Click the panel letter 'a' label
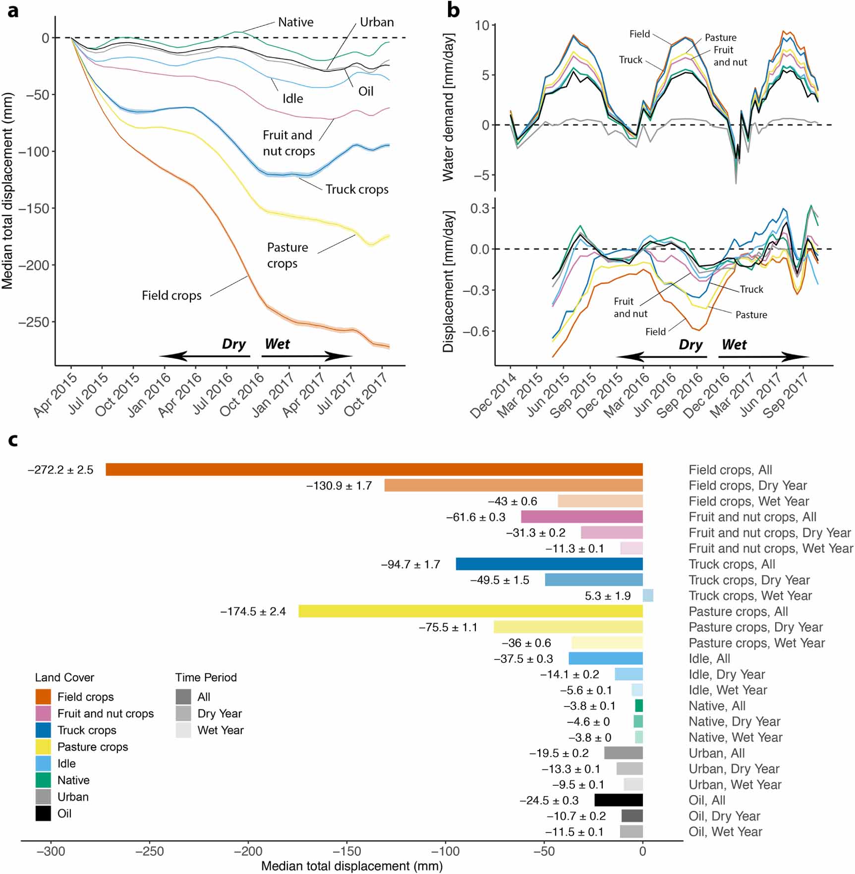(13, 11)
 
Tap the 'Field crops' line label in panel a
(171, 296)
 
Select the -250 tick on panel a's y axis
(34, 323)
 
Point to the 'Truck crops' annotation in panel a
(357, 189)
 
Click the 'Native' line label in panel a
(295, 22)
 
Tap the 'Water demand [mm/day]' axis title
(448, 107)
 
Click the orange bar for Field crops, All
(374, 470)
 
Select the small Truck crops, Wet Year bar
(648, 596)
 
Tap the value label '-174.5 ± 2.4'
(253, 611)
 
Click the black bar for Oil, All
(619, 800)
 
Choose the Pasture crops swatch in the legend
(43, 747)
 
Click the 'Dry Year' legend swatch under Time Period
(183, 713)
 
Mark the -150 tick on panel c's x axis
(346, 852)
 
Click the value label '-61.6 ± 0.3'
(475, 517)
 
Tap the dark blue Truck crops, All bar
(549, 564)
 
